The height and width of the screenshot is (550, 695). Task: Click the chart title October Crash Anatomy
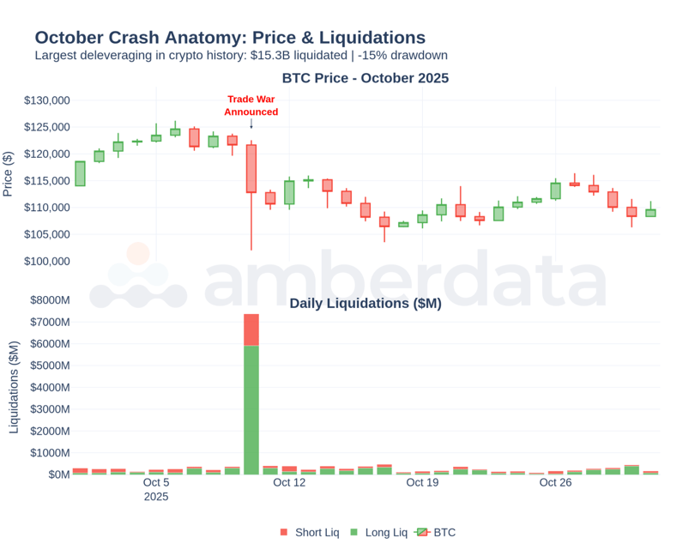230,38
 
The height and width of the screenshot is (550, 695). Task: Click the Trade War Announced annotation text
251,106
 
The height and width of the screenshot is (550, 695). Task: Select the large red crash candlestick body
251,168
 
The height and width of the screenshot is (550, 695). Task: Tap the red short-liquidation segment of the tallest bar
251,329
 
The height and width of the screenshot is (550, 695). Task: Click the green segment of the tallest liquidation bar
251,410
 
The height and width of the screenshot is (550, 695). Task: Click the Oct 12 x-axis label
289,482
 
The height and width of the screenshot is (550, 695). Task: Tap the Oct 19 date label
422,482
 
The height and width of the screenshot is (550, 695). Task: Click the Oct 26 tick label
555,482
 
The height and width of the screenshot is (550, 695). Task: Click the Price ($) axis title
9,174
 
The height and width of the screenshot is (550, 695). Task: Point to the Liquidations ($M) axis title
14,386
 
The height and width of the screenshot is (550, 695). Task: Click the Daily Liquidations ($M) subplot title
366,304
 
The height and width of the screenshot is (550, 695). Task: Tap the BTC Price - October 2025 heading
366,78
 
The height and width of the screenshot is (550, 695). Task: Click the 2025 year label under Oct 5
156,497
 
